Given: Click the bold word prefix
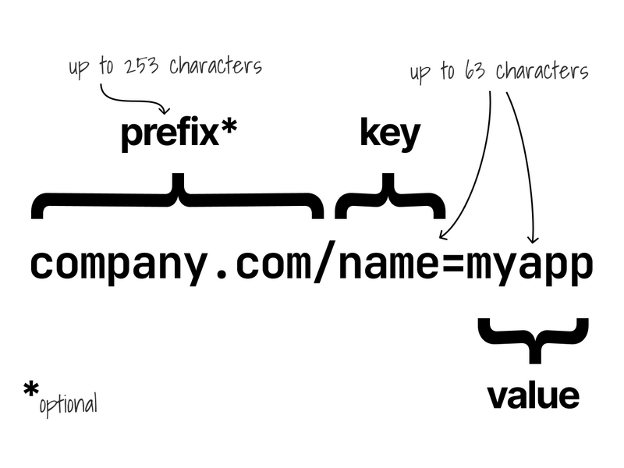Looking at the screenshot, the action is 170,134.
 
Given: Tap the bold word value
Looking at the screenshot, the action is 534,396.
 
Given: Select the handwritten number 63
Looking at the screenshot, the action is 474,72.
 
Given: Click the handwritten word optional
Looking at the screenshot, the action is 68,405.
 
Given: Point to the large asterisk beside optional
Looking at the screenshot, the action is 30,389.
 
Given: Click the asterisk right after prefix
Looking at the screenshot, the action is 229,127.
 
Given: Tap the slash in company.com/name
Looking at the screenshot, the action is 324,261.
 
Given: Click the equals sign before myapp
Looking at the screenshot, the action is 453,264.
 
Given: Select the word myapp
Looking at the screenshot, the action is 530,266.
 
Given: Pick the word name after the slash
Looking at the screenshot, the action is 389,264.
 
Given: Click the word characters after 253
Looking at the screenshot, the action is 216,66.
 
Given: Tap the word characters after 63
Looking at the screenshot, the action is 542,72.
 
